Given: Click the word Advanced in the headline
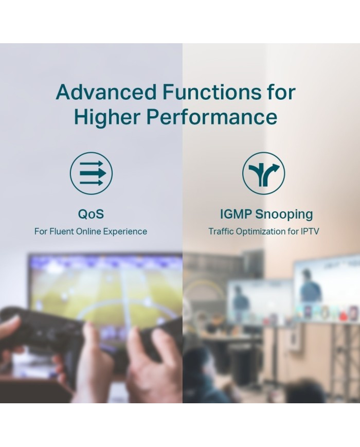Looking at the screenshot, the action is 106,92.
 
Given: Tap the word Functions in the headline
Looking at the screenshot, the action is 212,92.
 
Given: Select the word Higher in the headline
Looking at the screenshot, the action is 107,117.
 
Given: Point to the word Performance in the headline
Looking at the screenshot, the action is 212,117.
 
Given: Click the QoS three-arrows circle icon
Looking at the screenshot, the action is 91,173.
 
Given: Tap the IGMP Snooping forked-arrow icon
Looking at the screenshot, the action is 263,173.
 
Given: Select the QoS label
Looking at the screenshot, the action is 91,214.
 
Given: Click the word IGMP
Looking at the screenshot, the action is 236,214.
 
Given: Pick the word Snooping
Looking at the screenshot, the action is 284,214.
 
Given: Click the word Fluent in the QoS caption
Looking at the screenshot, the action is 62,231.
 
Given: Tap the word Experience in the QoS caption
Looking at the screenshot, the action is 125,231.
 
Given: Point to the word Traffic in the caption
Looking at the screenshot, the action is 221,231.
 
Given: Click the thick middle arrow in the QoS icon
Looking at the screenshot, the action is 93,173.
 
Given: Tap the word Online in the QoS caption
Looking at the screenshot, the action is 88,231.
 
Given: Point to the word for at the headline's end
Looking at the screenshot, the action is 281,92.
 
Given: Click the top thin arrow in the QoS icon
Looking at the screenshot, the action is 91,164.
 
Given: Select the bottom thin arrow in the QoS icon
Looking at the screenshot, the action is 91,183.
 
